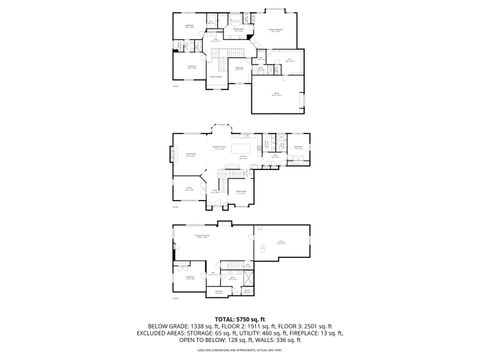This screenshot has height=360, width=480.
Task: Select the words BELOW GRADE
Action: coord(168,326)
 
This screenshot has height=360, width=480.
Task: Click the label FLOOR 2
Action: coord(245,326)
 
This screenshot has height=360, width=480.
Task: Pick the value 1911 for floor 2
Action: coord(272,326)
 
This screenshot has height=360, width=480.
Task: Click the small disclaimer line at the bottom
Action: coord(240,350)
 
